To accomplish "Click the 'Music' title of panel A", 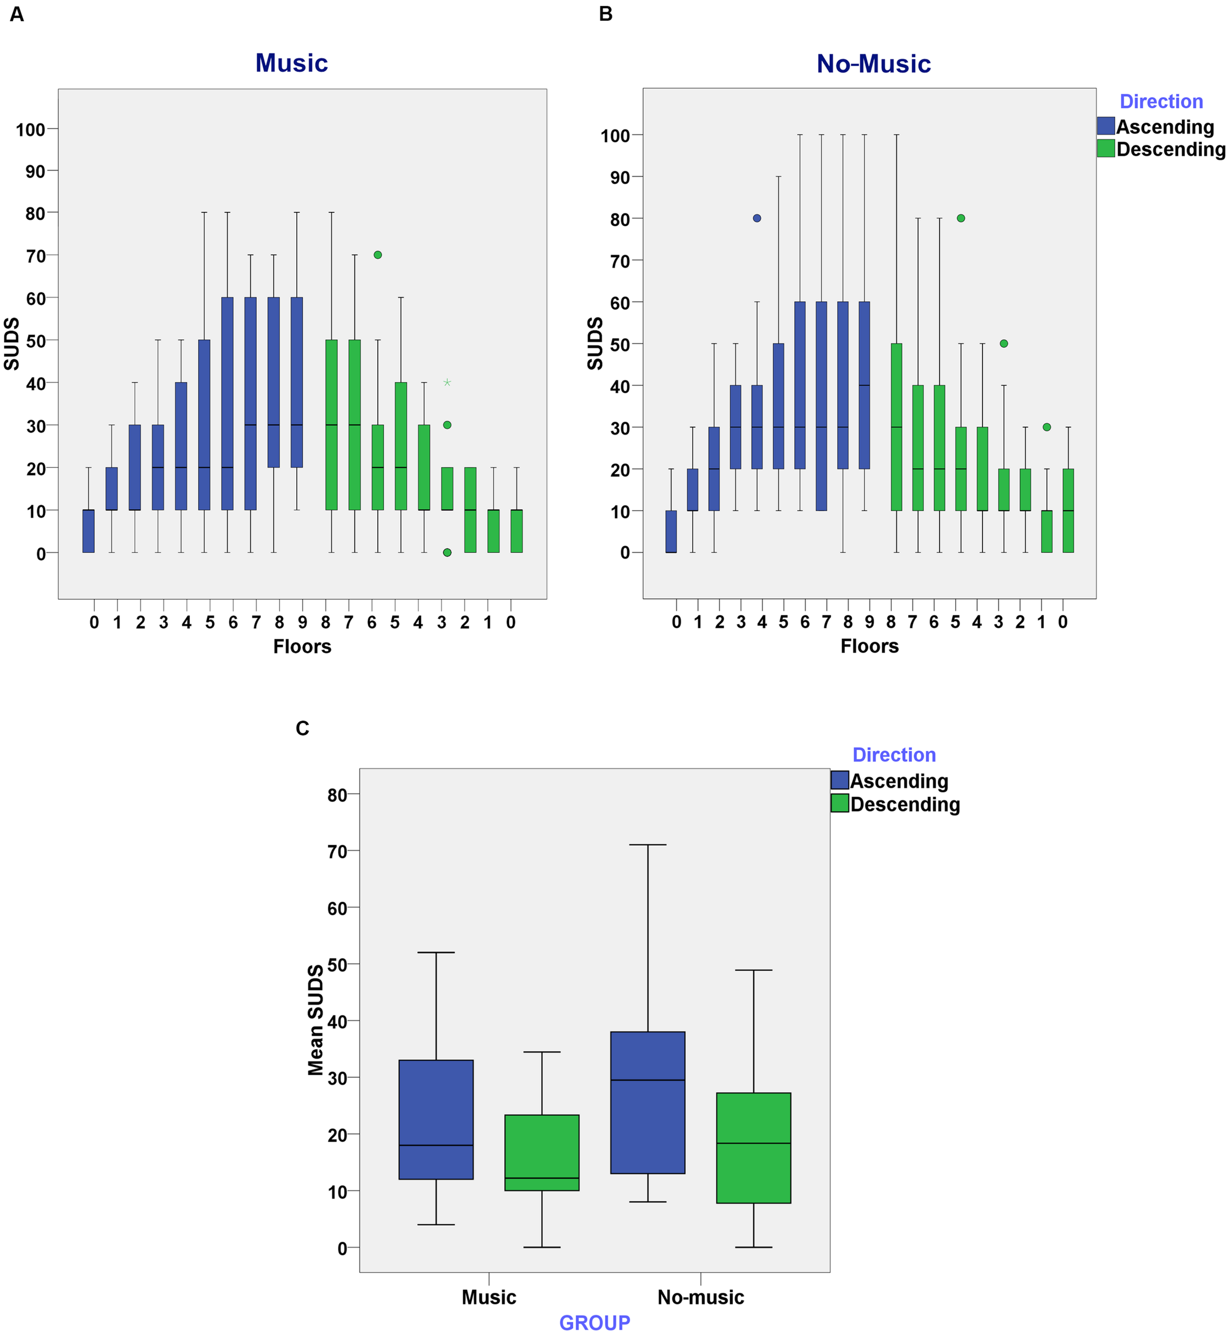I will pos(291,63).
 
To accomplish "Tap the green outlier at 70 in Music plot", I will pos(378,255).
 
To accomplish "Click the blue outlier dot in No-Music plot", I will pos(757,218).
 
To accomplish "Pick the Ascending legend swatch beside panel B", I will pos(1106,126).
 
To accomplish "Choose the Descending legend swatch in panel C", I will pos(840,803).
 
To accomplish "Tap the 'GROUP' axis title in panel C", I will pos(594,1323).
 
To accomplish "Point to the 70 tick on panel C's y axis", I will pos(338,851).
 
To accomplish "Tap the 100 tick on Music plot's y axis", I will pos(30,130).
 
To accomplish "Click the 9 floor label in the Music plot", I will pos(303,623).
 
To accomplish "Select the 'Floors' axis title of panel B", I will pos(869,646).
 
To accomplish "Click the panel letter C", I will pos(303,729).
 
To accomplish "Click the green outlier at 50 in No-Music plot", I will pos(1004,344).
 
